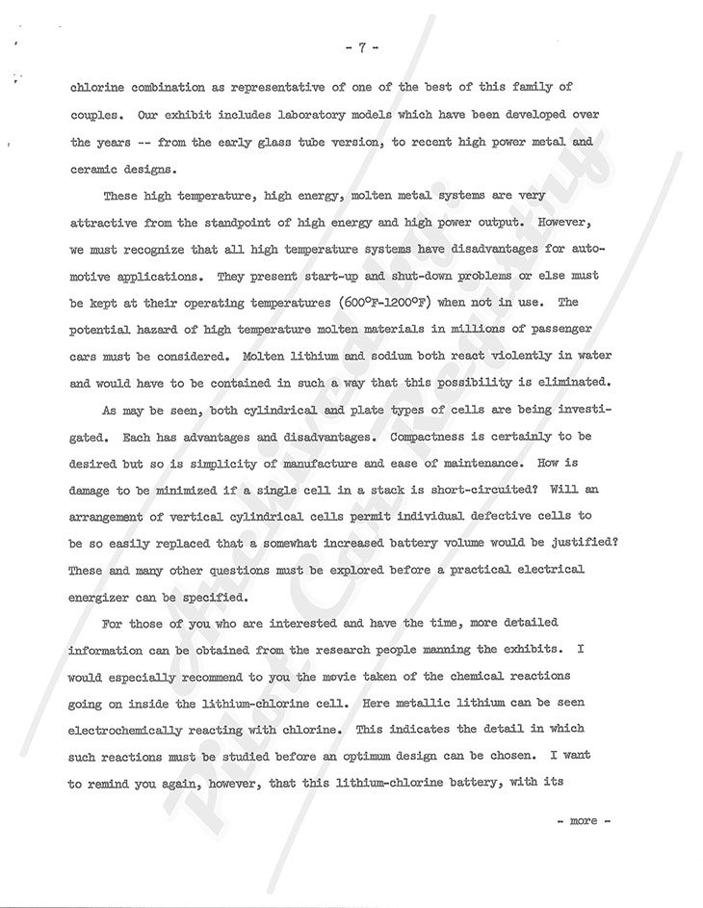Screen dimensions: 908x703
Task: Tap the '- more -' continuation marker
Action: pyautogui.click(x=578, y=820)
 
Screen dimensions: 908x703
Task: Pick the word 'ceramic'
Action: pyautogui.click(x=99, y=170)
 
